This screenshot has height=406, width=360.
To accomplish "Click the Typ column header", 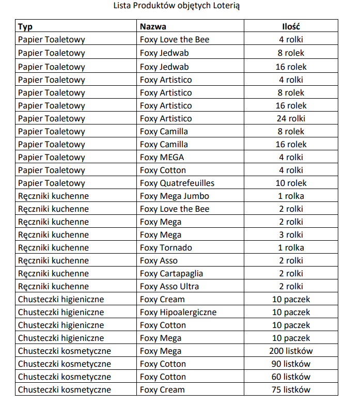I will tap(25, 26).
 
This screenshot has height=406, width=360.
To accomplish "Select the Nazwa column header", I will tap(153, 26).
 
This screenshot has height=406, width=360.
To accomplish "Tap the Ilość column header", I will tap(291, 26).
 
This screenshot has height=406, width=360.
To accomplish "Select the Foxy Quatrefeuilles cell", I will tap(177, 183).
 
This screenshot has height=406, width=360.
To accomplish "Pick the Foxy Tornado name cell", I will tap(166, 247).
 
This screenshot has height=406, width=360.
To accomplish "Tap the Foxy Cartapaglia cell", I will tap(171, 273).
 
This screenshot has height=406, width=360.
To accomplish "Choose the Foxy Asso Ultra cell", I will tap(169, 286).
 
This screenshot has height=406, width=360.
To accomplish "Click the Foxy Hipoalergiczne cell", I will tap(178, 312).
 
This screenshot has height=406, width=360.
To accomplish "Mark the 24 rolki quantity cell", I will tap(291, 118).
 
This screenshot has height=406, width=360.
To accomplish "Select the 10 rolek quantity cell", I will tap(291, 183).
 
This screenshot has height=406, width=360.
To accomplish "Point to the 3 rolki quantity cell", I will tap(291, 235).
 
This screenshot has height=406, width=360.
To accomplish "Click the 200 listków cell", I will tap(291, 351).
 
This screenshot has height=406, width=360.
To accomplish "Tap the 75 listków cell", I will tap(291, 389).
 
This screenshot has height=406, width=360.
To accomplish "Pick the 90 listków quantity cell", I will tap(291, 364).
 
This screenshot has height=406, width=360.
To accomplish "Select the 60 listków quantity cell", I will tap(291, 377).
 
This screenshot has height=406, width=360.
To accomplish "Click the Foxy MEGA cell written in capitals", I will tap(162, 157).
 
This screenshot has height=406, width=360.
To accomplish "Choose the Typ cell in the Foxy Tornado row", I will tap(53, 247).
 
